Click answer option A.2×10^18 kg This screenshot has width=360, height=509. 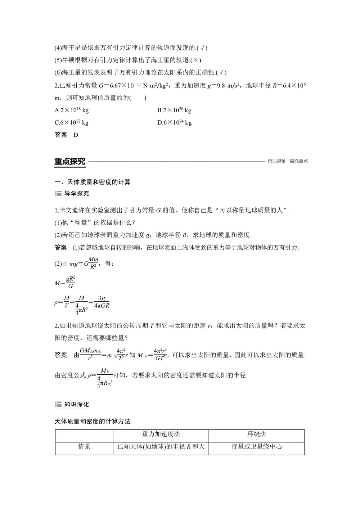click(x=71, y=110)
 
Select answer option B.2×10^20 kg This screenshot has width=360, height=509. click(x=174, y=110)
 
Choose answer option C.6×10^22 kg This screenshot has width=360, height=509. click(x=71, y=122)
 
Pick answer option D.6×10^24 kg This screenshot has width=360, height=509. click(x=175, y=122)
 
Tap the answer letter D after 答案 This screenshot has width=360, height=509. click(x=76, y=135)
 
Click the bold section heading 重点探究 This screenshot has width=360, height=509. click(x=70, y=161)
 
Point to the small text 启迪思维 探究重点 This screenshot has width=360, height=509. click(x=288, y=161)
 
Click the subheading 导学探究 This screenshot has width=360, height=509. click(x=76, y=194)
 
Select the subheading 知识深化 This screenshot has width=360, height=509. click(x=76, y=404)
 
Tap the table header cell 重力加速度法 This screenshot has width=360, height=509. click(x=161, y=434)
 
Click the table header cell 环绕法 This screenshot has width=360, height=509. click(x=257, y=434)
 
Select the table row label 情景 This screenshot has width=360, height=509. click(x=85, y=447)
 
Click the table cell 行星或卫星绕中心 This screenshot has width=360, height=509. click(x=257, y=447)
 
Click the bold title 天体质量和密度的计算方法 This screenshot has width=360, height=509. click(x=93, y=421)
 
